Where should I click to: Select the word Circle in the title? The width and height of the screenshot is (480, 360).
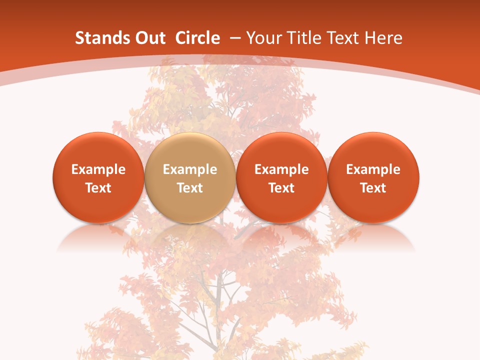[x=197, y=38]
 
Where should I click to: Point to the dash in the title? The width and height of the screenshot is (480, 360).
[x=235, y=38]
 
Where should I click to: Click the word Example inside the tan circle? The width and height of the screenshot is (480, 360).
[x=190, y=169]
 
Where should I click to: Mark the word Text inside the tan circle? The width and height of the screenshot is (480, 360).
[x=190, y=188]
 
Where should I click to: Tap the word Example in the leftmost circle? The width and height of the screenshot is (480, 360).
[x=98, y=169]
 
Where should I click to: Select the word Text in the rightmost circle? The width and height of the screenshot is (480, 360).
[x=373, y=188]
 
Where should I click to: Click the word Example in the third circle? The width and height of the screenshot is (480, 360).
[x=281, y=169]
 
